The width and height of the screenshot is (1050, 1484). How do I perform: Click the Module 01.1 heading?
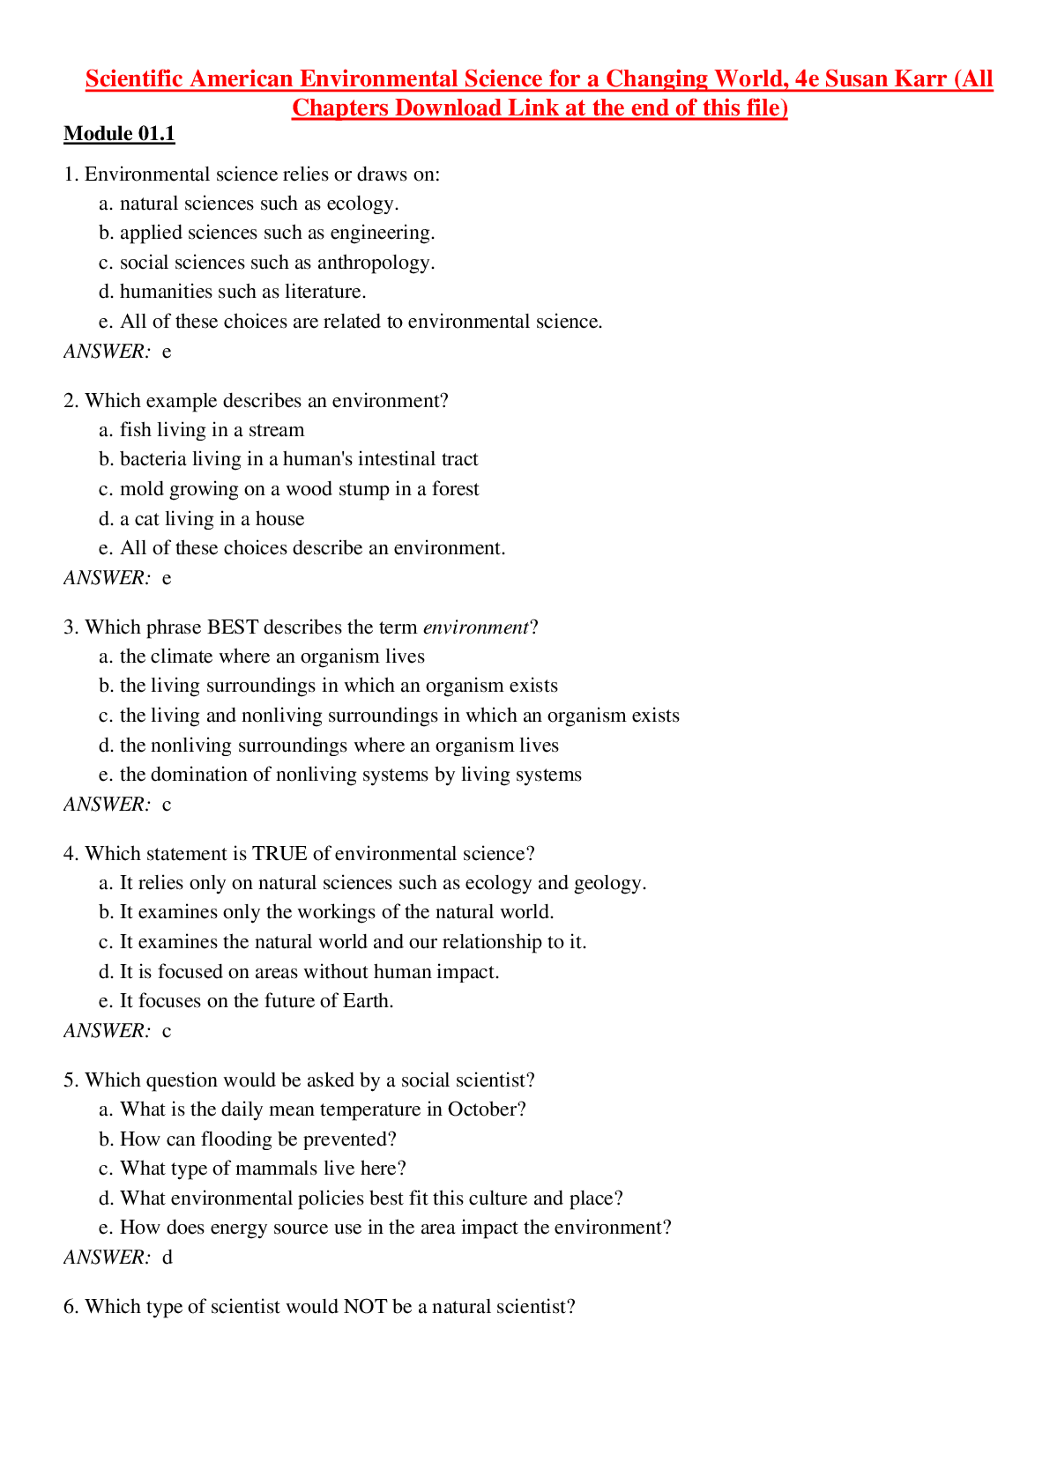pos(119,134)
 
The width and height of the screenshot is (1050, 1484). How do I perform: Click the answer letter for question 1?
pos(167,352)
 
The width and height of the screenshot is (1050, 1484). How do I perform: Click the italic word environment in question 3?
pos(475,627)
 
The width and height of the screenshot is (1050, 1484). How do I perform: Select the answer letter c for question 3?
pos(167,805)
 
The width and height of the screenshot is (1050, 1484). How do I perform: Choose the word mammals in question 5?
pos(284,1169)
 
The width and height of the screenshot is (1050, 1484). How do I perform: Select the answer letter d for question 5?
pos(168,1258)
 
